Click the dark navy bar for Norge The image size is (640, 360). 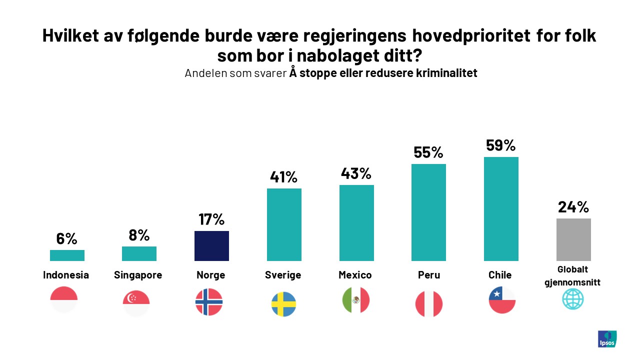(211, 246)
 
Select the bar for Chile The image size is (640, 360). (501, 209)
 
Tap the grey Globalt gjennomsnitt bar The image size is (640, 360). (573, 239)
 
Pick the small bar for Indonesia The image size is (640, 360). (67, 255)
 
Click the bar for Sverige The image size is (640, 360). (284, 224)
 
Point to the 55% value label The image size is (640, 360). (428, 152)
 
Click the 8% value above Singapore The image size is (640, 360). (139, 235)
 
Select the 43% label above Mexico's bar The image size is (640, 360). (356, 173)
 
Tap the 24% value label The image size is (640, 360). (573, 206)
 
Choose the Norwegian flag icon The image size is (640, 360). (209, 302)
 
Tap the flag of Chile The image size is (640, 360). (502, 300)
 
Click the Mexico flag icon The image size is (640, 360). (355, 300)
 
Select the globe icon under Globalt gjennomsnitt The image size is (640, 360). (572, 299)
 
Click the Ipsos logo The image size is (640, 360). (607, 338)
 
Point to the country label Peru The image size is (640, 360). (428, 275)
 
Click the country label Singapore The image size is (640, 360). (138, 275)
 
